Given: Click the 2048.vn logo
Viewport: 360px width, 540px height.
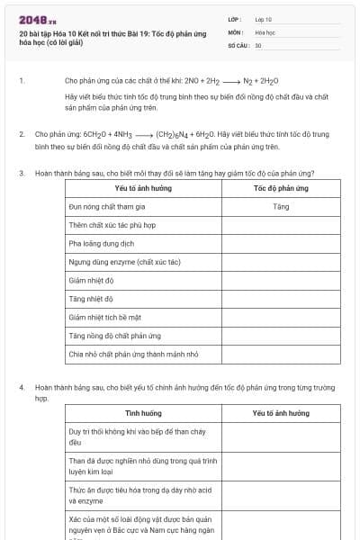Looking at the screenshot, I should [x=38, y=20].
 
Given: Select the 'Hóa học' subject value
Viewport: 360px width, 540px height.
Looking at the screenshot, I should [x=265, y=31].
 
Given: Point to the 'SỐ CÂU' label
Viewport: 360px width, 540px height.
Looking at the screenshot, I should [x=237, y=45].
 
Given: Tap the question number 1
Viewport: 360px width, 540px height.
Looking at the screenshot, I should [x=22, y=80].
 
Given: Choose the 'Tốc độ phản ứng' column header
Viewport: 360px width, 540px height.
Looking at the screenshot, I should [x=280, y=189].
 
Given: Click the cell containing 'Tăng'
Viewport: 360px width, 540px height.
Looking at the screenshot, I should [x=280, y=206].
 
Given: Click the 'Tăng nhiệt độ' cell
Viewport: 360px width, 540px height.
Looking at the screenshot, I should [x=91, y=299].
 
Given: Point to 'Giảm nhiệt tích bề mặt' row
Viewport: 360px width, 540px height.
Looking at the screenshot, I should [x=105, y=318].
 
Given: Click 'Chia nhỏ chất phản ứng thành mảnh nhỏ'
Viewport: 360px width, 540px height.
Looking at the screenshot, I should [x=133, y=355].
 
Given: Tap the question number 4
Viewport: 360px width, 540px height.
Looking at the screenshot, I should [x=22, y=388].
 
